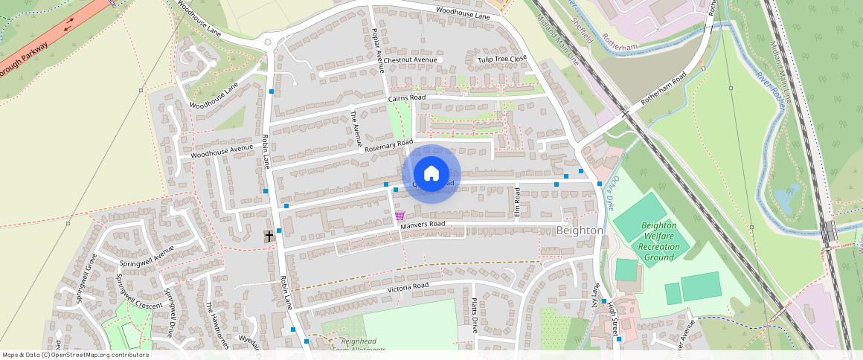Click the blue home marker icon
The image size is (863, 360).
pyautogui.click(x=431, y=174)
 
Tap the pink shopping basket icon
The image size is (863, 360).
pyautogui.click(x=400, y=216)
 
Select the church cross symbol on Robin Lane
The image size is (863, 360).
pyautogui.click(x=269, y=236)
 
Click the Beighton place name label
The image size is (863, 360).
pyautogui.click(x=580, y=231)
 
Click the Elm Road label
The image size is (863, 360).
pyautogui.click(x=516, y=198)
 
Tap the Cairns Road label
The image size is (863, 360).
pyautogui.click(x=406, y=98)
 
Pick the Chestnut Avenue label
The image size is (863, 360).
pyautogui.click(x=410, y=60)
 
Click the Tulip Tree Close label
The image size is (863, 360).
pyautogui.click(x=501, y=59)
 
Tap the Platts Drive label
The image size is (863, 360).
pyautogui.click(x=475, y=315)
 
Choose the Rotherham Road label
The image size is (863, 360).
pyautogui.click(x=664, y=90)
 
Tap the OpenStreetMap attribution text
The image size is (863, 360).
pyautogui.click(x=74, y=355)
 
